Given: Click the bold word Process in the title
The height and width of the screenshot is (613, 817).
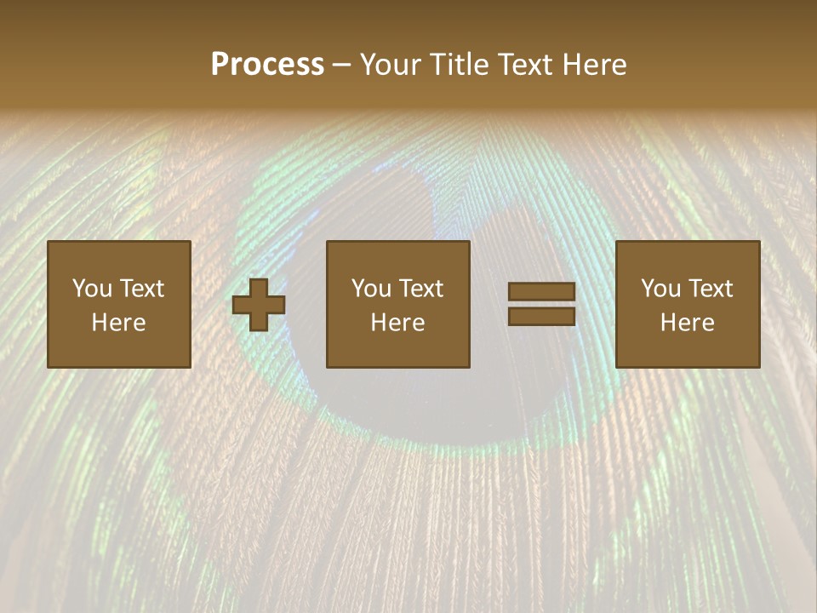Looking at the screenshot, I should tap(267, 65).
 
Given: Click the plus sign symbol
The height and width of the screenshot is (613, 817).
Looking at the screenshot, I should tap(259, 304).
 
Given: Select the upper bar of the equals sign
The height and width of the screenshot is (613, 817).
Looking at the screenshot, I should tap(541, 291).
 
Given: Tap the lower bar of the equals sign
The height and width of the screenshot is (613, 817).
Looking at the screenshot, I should tap(541, 317).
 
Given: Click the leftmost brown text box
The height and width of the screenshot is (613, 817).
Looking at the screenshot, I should tap(118, 304).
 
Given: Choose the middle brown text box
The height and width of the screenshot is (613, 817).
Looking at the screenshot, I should tap(397, 304).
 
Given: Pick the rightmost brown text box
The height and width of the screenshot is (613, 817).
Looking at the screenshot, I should tap(687, 304).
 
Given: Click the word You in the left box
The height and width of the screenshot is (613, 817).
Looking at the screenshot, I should tap(92, 289).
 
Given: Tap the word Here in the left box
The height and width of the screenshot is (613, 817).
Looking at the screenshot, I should tap(118, 323).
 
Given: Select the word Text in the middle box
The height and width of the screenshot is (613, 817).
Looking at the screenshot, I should tap(421, 289).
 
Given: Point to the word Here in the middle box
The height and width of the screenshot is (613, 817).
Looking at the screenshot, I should tap(397, 323).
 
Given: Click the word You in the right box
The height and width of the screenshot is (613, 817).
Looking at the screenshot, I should tap(660, 289).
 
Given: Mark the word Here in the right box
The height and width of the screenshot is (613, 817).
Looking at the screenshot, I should tap(687, 323).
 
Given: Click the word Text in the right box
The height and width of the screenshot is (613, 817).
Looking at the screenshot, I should tap(711, 289).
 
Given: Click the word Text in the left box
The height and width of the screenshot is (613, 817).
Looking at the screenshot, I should tap(142, 289).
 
